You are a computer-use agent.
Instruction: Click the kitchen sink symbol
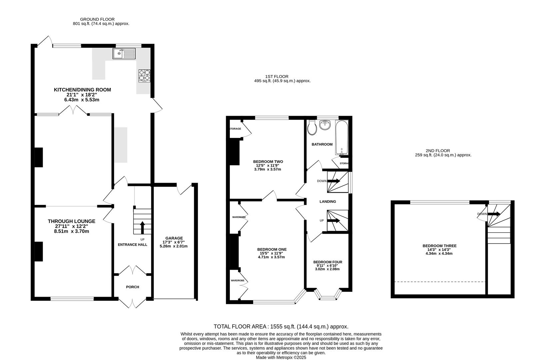(x=124, y=54)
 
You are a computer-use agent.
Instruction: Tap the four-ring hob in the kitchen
(x=144, y=76)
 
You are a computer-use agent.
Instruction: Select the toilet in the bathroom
(x=312, y=128)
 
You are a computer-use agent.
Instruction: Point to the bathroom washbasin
(x=325, y=125)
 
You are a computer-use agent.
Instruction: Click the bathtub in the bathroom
(x=342, y=138)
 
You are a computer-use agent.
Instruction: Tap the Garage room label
(x=174, y=238)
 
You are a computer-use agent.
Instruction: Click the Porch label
(x=133, y=287)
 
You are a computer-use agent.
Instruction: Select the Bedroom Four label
(x=328, y=262)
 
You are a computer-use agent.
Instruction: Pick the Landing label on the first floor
(x=328, y=202)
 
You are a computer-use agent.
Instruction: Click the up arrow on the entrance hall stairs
(x=142, y=228)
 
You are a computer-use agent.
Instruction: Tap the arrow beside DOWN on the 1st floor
(x=333, y=181)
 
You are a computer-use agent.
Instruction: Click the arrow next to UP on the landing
(x=333, y=221)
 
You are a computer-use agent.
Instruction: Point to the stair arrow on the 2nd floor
(x=494, y=214)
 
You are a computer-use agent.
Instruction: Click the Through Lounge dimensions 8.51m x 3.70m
(x=72, y=231)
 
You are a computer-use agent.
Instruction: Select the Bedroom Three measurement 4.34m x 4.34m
(x=439, y=253)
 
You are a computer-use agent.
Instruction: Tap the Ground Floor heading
(x=97, y=19)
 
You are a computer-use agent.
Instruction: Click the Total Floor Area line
(x=281, y=326)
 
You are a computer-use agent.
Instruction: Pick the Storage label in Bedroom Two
(x=235, y=129)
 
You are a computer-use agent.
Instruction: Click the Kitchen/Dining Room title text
(x=83, y=90)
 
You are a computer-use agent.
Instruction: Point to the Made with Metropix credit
(x=281, y=358)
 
